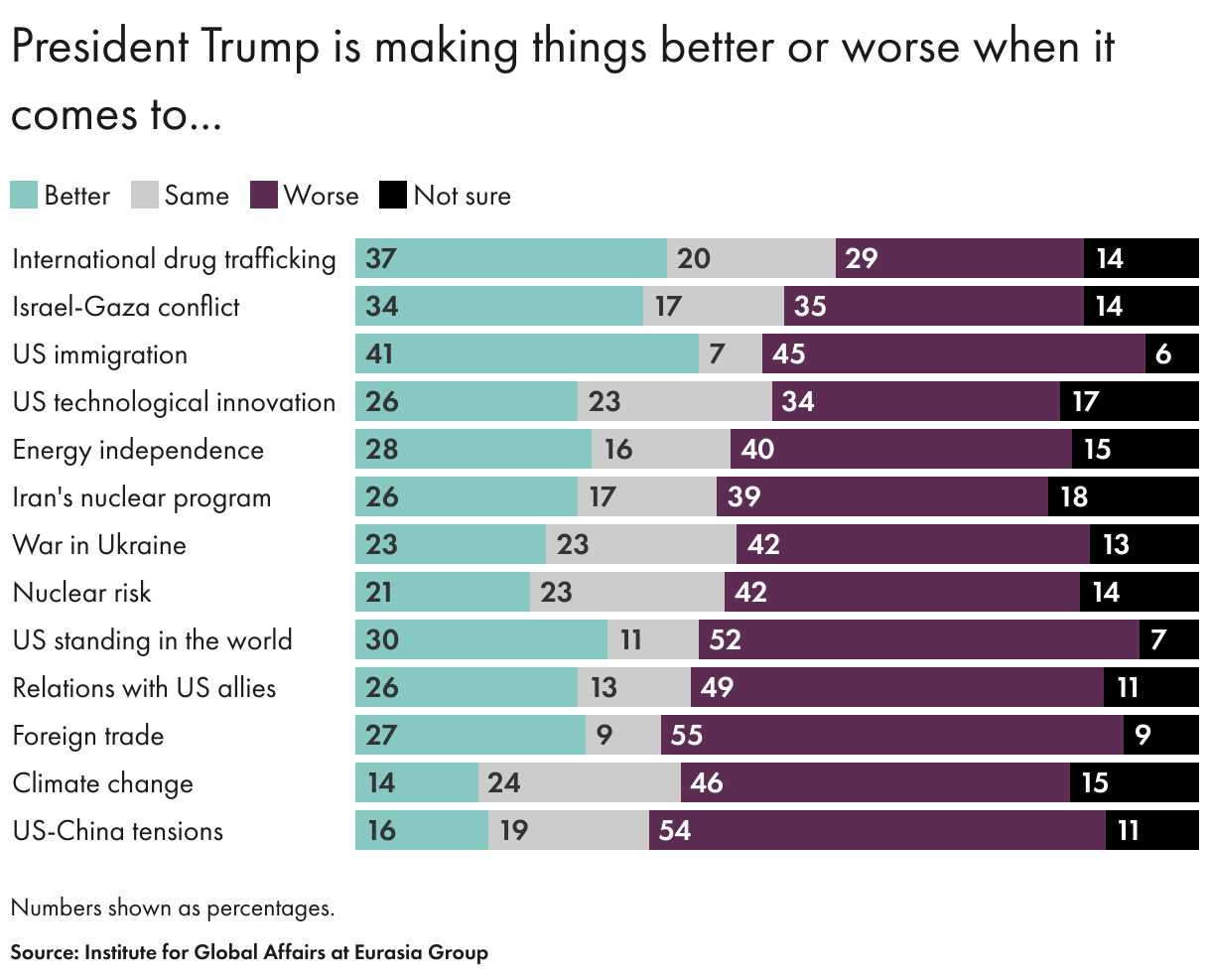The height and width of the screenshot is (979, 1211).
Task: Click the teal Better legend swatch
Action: [24, 195]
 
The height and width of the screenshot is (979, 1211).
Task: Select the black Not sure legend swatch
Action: [393, 195]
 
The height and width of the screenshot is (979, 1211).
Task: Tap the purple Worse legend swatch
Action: [263, 195]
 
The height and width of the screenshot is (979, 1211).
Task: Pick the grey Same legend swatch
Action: [145, 195]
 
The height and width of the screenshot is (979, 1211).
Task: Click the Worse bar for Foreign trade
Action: [891, 735]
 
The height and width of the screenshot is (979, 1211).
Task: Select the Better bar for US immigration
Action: [526, 353]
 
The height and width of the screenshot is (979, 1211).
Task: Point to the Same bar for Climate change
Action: [579, 782]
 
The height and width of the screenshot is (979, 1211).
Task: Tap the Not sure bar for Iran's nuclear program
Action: [1123, 496]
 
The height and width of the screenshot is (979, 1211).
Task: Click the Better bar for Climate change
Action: [416, 782]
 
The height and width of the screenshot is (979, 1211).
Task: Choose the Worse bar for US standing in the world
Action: [918, 639]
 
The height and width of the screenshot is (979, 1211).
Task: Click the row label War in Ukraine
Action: [99, 545]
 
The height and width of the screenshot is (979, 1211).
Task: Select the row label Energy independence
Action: [138, 450]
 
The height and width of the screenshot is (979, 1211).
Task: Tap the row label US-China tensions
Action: [118, 831]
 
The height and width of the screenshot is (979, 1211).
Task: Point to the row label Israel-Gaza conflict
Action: [126, 307]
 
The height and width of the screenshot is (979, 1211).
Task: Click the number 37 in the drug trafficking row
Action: [381, 259]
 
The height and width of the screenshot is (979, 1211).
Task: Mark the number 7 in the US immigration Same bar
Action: [717, 354]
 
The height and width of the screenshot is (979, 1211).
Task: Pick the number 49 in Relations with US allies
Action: [717, 688]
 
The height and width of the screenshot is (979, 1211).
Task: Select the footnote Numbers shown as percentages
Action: [173, 908]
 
